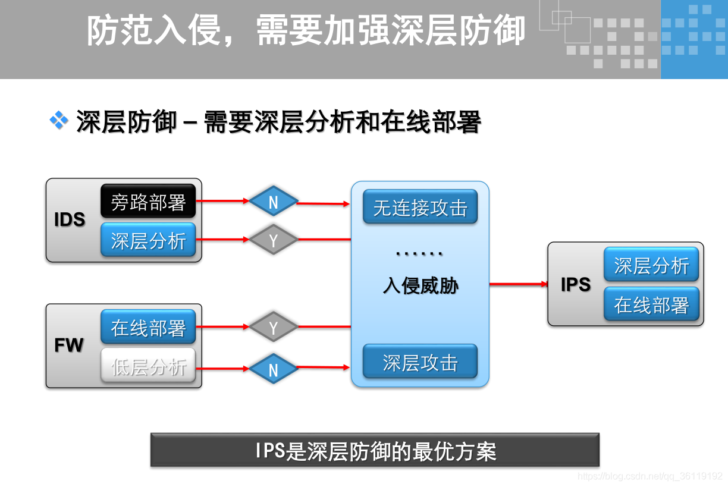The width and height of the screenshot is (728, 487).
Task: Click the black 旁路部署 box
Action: pyautogui.click(x=148, y=202)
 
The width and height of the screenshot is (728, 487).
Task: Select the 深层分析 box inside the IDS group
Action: pyautogui.click(x=148, y=240)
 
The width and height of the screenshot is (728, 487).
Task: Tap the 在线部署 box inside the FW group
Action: pyautogui.click(x=148, y=327)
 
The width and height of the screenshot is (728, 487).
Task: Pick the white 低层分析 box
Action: pyautogui.click(x=148, y=366)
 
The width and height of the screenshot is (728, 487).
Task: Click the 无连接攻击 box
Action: pyautogui.click(x=420, y=208)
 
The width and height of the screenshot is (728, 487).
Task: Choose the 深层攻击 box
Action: pyautogui.click(x=420, y=362)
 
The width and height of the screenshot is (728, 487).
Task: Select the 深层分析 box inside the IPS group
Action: pyautogui.click(x=651, y=265)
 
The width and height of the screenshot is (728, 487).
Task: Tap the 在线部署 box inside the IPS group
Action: pyautogui.click(x=651, y=304)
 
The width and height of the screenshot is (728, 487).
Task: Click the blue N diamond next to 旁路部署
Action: pyautogui.click(x=273, y=202)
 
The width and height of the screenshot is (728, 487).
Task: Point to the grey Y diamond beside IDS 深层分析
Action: pyautogui.click(x=273, y=240)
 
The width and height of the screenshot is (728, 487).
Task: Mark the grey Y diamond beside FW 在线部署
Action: pyautogui.click(x=273, y=327)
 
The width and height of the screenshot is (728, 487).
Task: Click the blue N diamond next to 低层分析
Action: pyautogui.click(x=273, y=369)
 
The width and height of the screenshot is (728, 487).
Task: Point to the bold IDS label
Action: pyautogui.click(x=70, y=219)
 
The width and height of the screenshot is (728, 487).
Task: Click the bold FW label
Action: pyautogui.click(x=69, y=345)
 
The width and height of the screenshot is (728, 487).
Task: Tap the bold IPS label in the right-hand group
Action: pyautogui.click(x=575, y=285)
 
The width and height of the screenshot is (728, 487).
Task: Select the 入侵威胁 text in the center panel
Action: pyautogui.click(x=420, y=287)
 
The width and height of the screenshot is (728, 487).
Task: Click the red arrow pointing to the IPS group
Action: pyautogui.click(x=518, y=284)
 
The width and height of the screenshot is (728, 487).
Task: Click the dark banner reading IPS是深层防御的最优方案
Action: pyautogui.click(x=375, y=450)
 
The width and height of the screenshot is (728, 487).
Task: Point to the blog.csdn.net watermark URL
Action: pyautogui.click(x=650, y=476)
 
